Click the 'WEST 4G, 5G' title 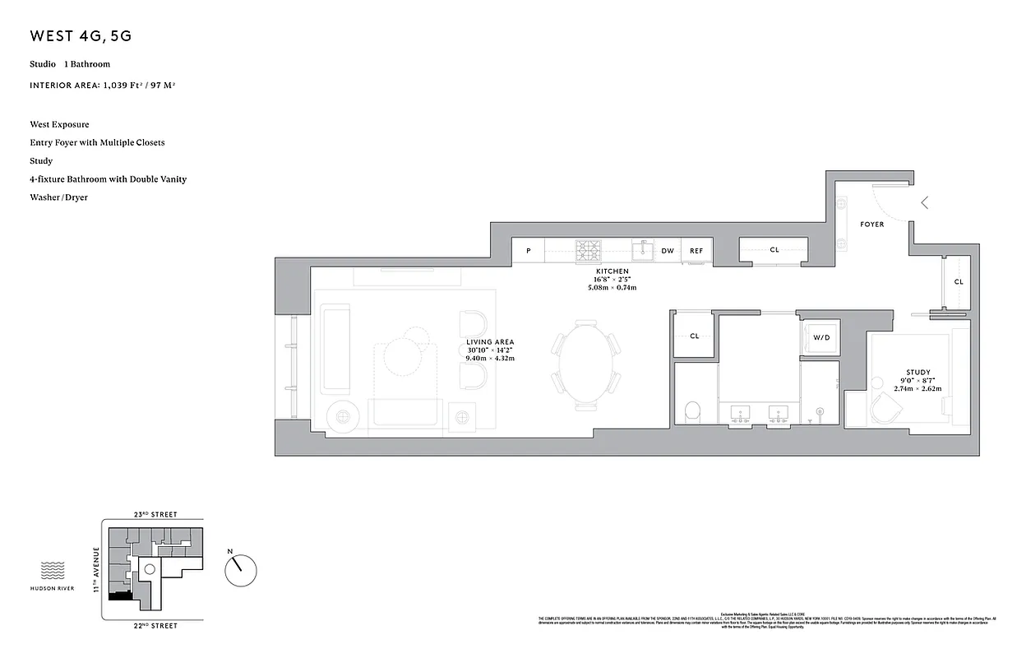tap(81, 36)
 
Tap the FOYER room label tap(872, 225)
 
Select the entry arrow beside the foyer tap(925, 202)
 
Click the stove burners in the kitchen tap(588, 249)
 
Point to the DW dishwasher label tap(668, 251)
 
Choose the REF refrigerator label tap(696, 251)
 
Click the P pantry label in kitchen tap(528, 251)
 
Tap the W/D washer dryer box tap(821, 338)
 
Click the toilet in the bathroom tap(692, 410)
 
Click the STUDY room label tap(918, 373)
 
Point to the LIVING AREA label tap(490, 342)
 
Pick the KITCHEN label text tap(613, 271)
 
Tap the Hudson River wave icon tap(53, 570)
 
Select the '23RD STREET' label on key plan tap(155, 515)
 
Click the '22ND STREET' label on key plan tap(155, 626)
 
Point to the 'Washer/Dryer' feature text tap(58, 197)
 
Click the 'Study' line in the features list tap(41, 161)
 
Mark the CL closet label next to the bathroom tap(695, 336)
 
